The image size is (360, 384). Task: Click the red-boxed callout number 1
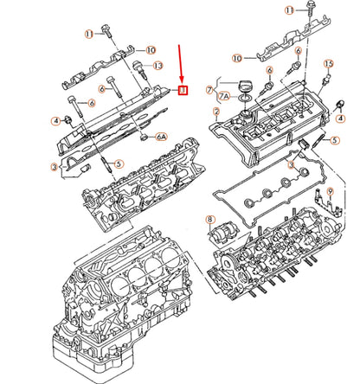(x=183, y=88)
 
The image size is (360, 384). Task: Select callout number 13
(x=157, y=66)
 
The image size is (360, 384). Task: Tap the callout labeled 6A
(x=161, y=137)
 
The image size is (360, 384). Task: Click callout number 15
(x=328, y=65)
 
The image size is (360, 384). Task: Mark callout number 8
(x=209, y=221)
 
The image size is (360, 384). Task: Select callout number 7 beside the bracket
(x=210, y=89)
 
